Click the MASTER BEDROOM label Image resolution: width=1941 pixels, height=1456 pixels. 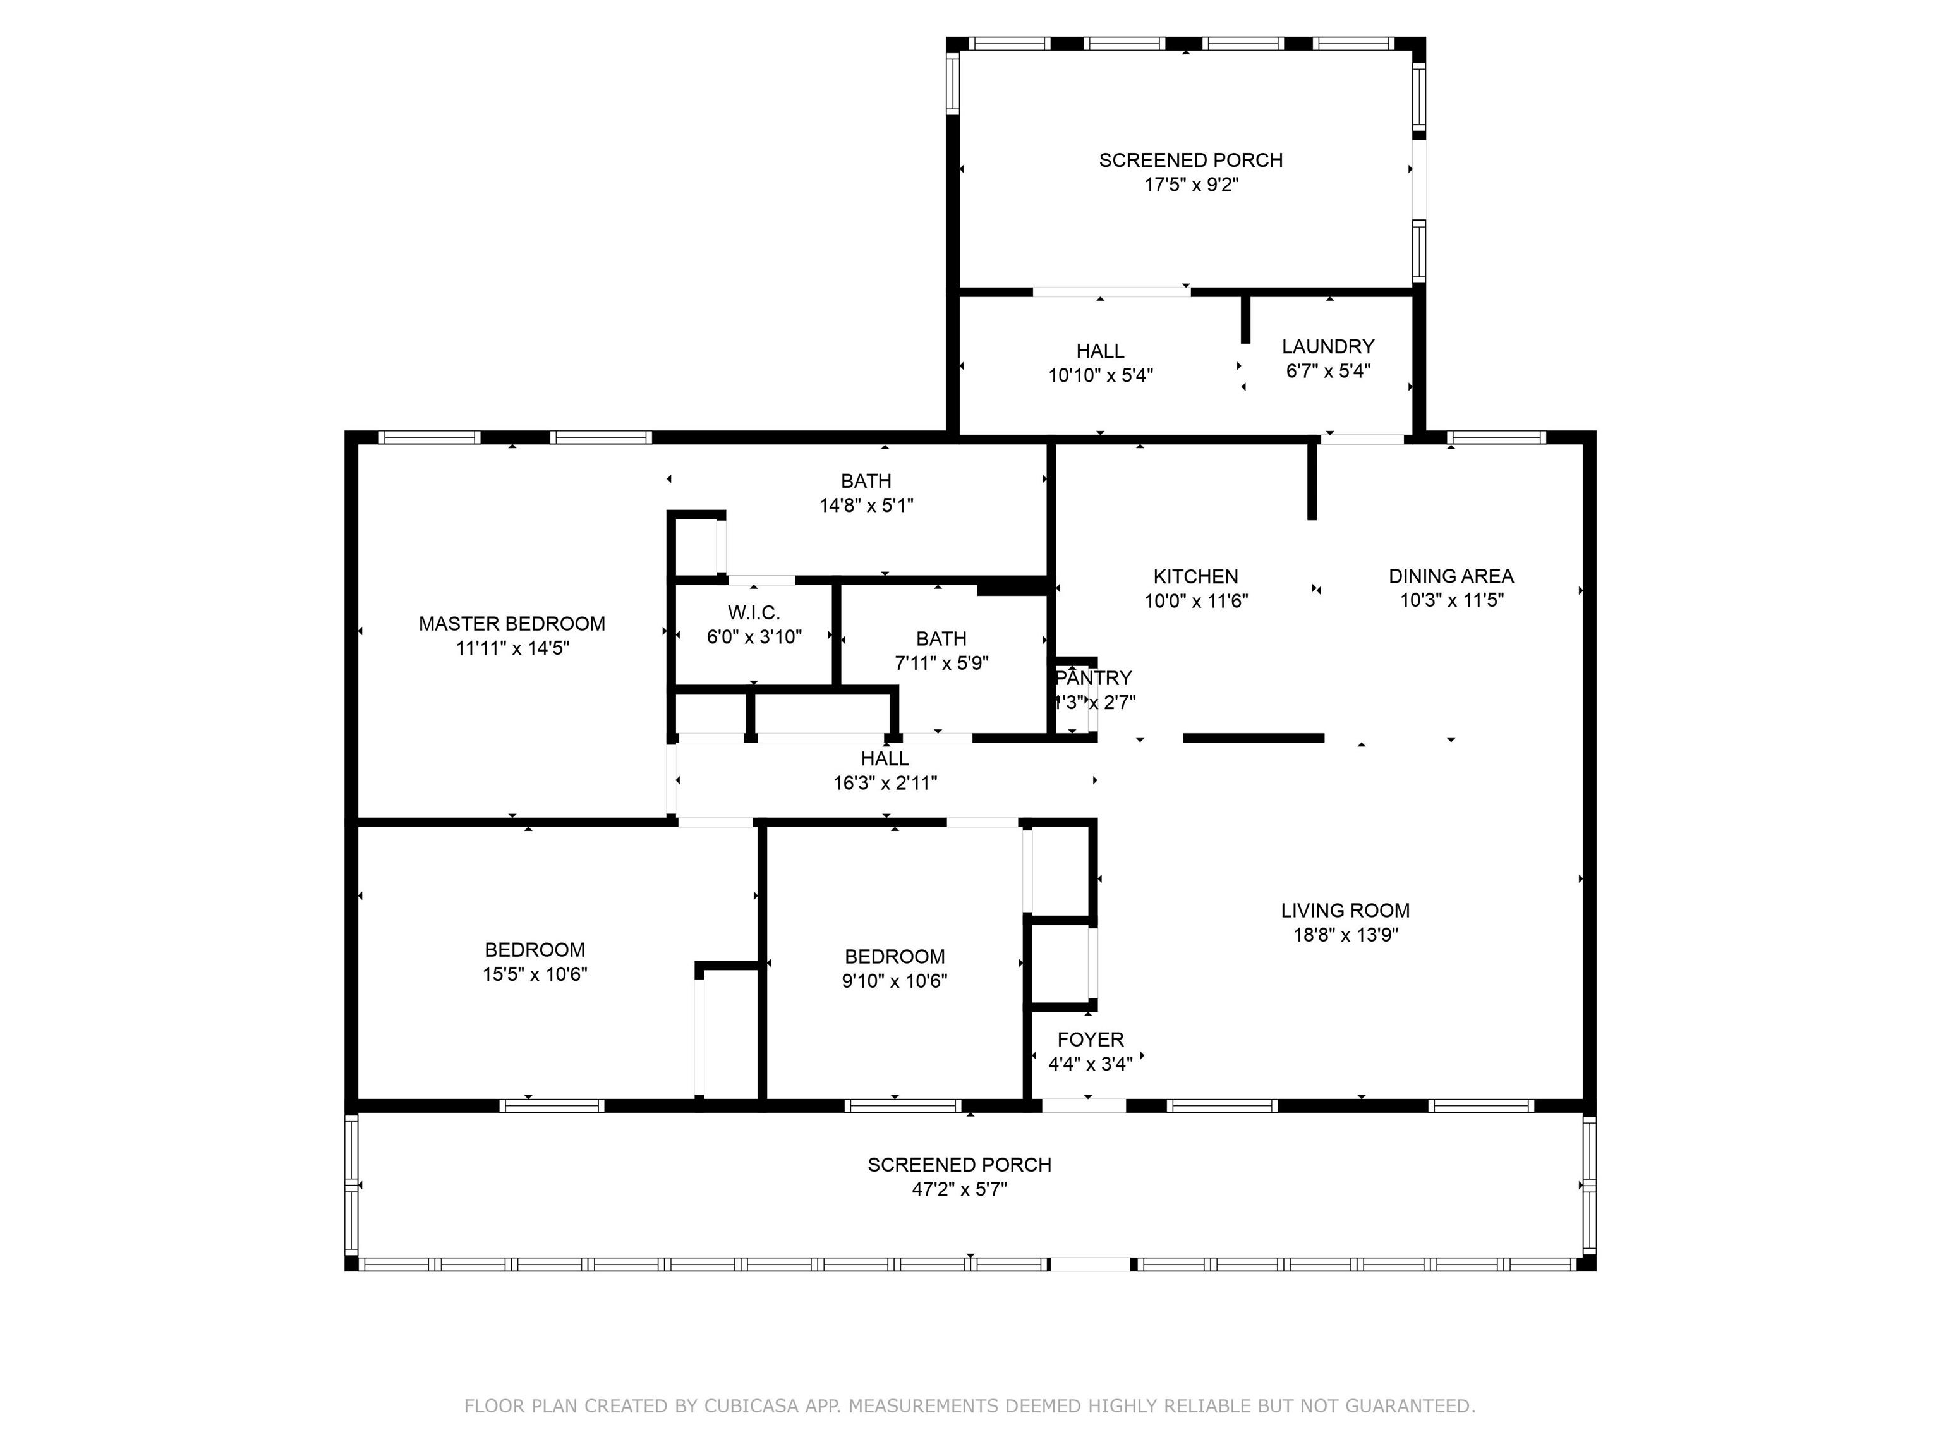512,624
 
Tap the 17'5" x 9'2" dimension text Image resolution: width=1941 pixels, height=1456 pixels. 1191,185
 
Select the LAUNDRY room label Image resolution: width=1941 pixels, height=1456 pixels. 1327,347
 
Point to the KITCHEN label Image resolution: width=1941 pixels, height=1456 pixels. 1196,576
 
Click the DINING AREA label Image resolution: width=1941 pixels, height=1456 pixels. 1451,576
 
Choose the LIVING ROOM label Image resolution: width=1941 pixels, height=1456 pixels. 1345,911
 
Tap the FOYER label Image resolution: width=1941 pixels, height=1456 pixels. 1091,1040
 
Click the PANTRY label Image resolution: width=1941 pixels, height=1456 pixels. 1094,679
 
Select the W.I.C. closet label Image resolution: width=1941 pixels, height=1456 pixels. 754,612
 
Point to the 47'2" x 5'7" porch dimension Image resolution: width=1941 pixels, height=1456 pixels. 959,1190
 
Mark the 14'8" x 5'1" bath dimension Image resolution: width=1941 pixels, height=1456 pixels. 866,506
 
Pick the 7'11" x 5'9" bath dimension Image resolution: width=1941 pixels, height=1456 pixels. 941,664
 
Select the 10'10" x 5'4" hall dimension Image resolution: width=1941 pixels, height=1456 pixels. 1101,375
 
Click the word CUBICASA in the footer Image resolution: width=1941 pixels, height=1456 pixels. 751,1406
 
